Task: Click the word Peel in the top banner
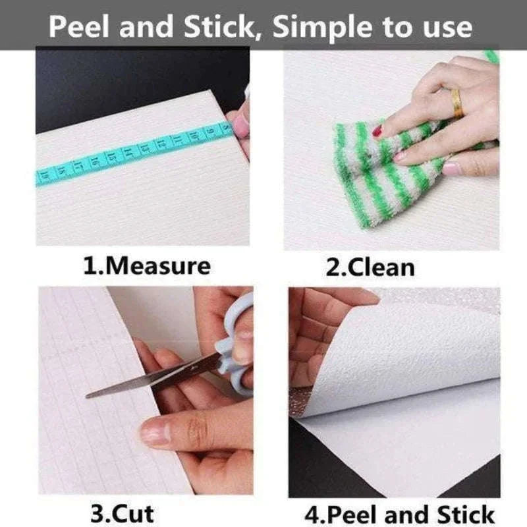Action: click(x=78, y=27)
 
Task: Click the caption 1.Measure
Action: click(x=147, y=266)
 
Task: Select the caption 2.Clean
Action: click(x=370, y=268)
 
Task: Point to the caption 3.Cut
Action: click(x=123, y=513)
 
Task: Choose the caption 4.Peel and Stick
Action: click(x=399, y=514)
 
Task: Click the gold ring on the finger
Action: click(x=457, y=104)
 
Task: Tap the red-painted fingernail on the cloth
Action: click(x=378, y=130)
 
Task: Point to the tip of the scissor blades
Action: click(x=87, y=397)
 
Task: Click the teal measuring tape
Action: click(x=134, y=152)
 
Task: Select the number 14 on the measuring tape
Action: click(x=128, y=152)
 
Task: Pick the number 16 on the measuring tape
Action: click(x=95, y=161)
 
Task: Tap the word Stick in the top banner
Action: click(x=221, y=28)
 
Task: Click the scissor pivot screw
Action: click(x=193, y=369)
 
